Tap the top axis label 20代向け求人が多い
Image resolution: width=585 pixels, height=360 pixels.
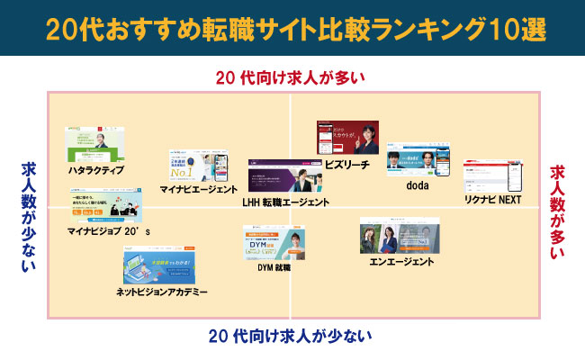(291, 77)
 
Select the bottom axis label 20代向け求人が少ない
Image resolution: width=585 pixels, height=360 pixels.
(290, 337)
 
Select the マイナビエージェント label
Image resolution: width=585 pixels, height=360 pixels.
(198, 190)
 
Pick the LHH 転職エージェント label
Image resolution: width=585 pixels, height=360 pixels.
(287, 203)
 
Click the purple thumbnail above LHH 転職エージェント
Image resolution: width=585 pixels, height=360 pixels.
(285, 176)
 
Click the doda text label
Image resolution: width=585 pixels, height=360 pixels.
(416, 185)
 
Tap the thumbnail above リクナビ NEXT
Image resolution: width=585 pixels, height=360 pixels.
(491, 175)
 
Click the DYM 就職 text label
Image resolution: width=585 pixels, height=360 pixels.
(274, 266)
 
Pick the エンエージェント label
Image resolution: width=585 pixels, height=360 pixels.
(401, 261)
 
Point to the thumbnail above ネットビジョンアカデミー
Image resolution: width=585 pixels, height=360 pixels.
(162, 266)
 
